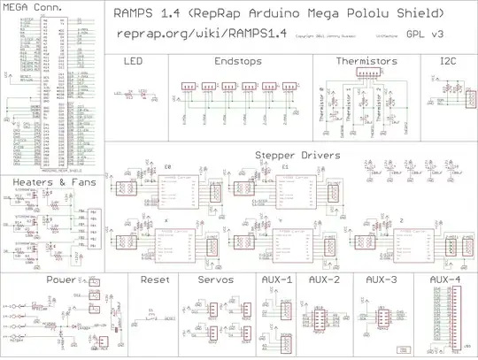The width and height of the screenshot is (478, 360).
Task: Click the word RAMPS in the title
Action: point(135,14)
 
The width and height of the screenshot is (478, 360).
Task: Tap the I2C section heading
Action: point(449,62)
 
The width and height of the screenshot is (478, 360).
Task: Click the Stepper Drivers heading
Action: point(290,155)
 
